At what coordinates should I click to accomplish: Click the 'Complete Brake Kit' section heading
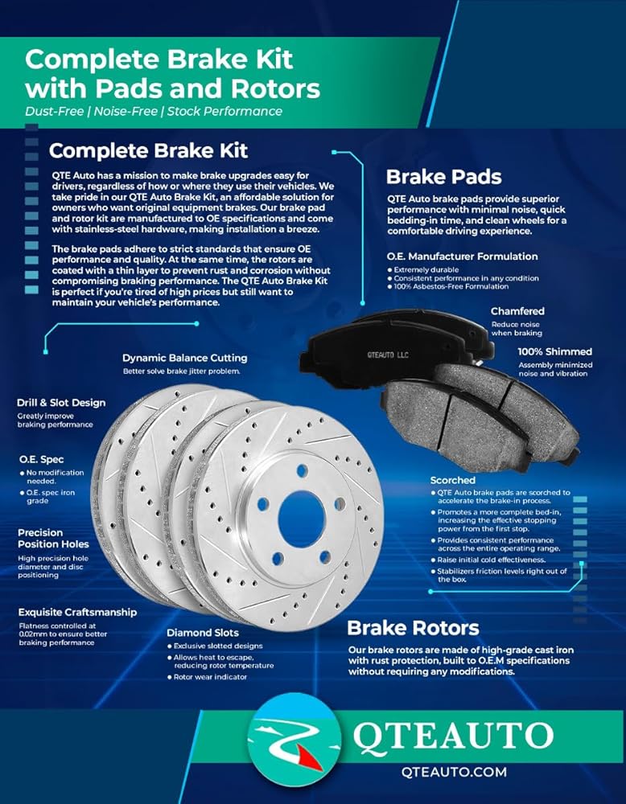[x=148, y=151]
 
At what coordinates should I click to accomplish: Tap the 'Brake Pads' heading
[x=444, y=177]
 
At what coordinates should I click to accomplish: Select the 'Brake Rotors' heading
[x=413, y=628]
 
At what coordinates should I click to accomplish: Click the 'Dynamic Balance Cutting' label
[x=185, y=358]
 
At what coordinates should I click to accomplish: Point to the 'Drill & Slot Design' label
[x=61, y=403]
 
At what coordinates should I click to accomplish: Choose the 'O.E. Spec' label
[x=42, y=459]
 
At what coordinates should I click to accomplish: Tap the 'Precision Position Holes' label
[x=53, y=539]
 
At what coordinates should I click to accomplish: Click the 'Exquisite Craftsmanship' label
[x=77, y=612]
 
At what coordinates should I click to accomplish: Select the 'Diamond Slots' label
[x=203, y=633]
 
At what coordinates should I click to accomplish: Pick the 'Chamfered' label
[x=517, y=311]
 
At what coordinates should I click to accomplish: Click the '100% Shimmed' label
[x=554, y=352]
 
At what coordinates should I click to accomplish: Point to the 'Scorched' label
[x=452, y=481]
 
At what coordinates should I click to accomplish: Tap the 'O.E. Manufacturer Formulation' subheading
[x=463, y=256]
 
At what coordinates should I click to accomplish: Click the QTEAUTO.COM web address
[x=454, y=772]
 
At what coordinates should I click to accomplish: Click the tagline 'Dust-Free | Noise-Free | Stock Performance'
[x=154, y=111]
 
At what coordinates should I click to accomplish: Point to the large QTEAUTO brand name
[x=452, y=736]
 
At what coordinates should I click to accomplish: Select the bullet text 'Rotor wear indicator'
[x=210, y=677]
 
